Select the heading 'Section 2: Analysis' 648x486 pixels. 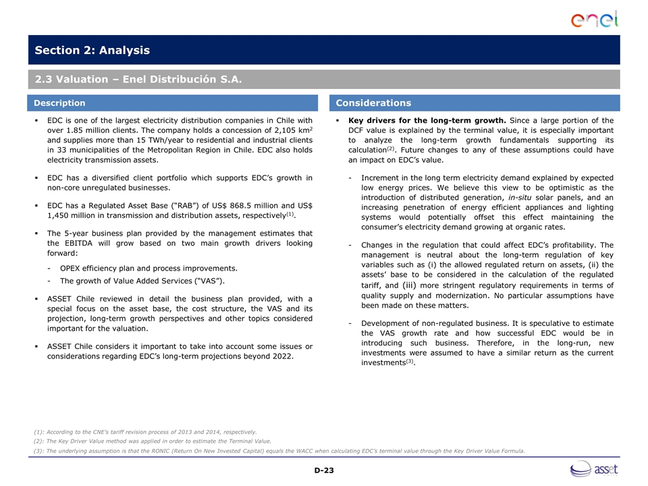[92, 51]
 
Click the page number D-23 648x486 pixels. [324, 470]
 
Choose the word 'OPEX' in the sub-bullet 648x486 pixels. [72, 268]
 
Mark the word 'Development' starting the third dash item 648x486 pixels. [387, 323]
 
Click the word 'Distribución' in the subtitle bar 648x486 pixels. [171, 80]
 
